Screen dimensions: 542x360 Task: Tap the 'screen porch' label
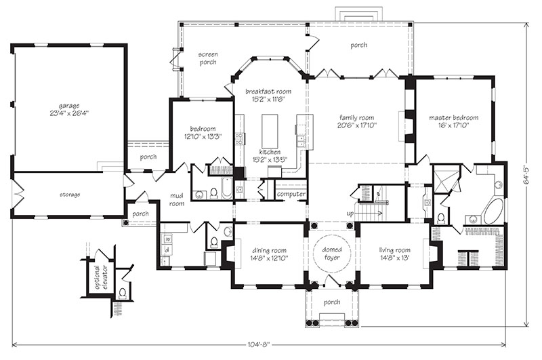(208, 58)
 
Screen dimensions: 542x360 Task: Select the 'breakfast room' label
(268, 92)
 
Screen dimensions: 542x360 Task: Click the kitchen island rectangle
(270, 132)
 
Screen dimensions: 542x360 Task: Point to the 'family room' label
(356, 117)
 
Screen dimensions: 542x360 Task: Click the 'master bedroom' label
(453, 117)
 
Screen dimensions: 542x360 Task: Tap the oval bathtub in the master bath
(494, 211)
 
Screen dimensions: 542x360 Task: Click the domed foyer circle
(332, 254)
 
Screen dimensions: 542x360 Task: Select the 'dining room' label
(269, 250)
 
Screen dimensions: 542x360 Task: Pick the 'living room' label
(394, 250)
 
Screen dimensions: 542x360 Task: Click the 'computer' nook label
(291, 194)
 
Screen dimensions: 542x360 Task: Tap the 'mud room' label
(177, 200)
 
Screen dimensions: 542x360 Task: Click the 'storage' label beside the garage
(70, 195)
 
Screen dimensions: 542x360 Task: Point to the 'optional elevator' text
(100, 277)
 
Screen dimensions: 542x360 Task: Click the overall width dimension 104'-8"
(259, 344)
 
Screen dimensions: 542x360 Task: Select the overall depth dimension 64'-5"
(527, 174)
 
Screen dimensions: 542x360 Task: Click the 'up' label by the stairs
(350, 214)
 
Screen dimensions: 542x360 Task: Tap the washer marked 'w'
(167, 239)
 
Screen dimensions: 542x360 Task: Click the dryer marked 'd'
(167, 249)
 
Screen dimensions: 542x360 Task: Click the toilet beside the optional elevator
(122, 293)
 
